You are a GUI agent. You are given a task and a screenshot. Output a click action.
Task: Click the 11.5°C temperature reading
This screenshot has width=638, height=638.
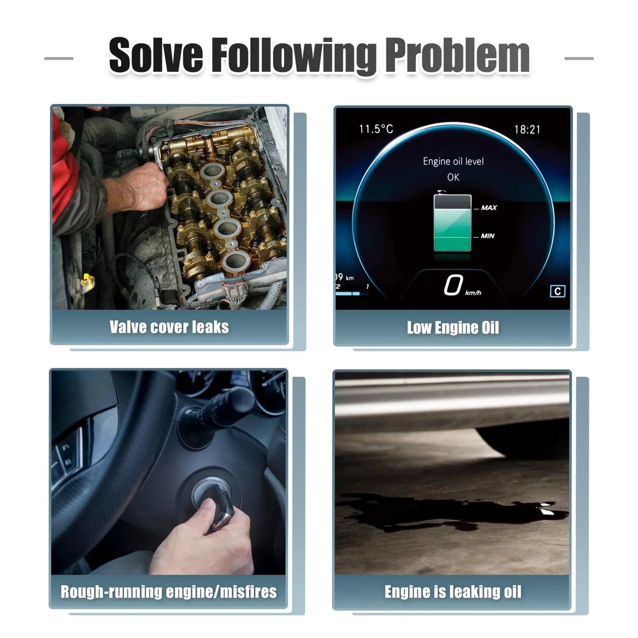click(376, 129)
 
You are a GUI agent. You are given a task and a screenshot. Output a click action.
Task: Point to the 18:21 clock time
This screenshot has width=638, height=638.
click(527, 129)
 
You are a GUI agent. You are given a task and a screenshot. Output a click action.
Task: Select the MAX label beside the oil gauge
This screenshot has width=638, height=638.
click(489, 208)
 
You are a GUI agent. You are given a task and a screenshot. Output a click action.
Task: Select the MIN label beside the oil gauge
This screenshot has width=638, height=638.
click(487, 236)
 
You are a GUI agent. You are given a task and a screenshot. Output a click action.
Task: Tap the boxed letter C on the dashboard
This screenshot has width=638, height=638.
click(558, 291)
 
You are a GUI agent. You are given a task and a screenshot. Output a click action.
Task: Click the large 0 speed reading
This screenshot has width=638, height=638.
click(453, 284)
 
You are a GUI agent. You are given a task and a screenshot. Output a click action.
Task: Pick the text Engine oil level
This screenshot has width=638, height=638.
click(453, 162)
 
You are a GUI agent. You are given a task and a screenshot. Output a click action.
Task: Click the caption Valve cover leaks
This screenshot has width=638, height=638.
click(169, 327)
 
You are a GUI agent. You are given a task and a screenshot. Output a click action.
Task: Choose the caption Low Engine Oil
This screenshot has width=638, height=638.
click(453, 328)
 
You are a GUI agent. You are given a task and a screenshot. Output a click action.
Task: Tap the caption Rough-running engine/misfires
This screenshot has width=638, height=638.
click(169, 592)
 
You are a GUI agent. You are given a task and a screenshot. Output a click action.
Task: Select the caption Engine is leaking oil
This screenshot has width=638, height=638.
click(453, 592)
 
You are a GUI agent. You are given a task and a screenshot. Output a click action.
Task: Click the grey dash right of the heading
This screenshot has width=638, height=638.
click(579, 58)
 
